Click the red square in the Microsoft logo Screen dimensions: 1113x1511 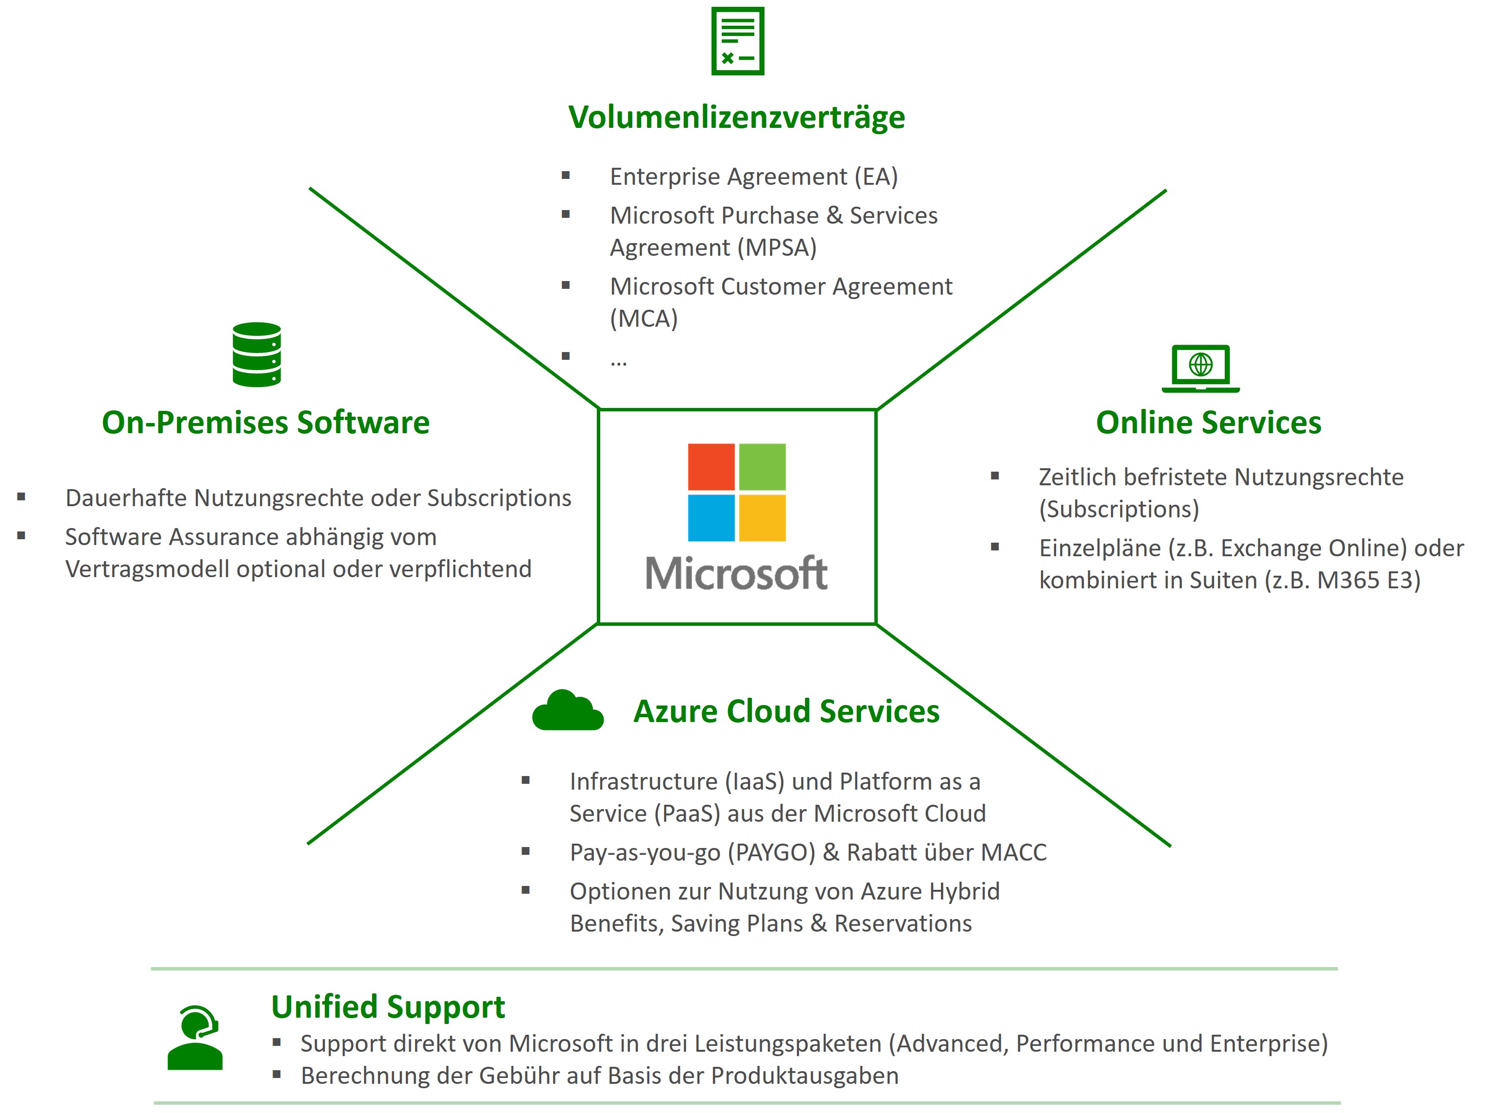coord(711,466)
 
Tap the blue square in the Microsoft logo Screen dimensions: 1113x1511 coord(711,517)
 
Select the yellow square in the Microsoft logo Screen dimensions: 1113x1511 coord(762,517)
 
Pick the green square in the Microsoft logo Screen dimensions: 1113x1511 coord(762,466)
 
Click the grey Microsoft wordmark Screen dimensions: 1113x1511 coord(736,573)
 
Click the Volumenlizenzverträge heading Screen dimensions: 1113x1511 coord(737,117)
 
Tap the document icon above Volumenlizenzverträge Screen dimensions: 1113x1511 coord(737,41)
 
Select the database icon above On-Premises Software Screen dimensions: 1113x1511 coord(257,354)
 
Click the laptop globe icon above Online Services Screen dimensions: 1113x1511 coord(1200,368)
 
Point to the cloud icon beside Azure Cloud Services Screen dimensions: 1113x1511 coord(568,711)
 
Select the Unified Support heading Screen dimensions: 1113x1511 coord(388,1007)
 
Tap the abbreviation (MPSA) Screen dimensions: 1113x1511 coord(777,248)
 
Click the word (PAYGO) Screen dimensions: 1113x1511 coord(771,853)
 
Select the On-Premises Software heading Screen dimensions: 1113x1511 coord(265,423)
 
